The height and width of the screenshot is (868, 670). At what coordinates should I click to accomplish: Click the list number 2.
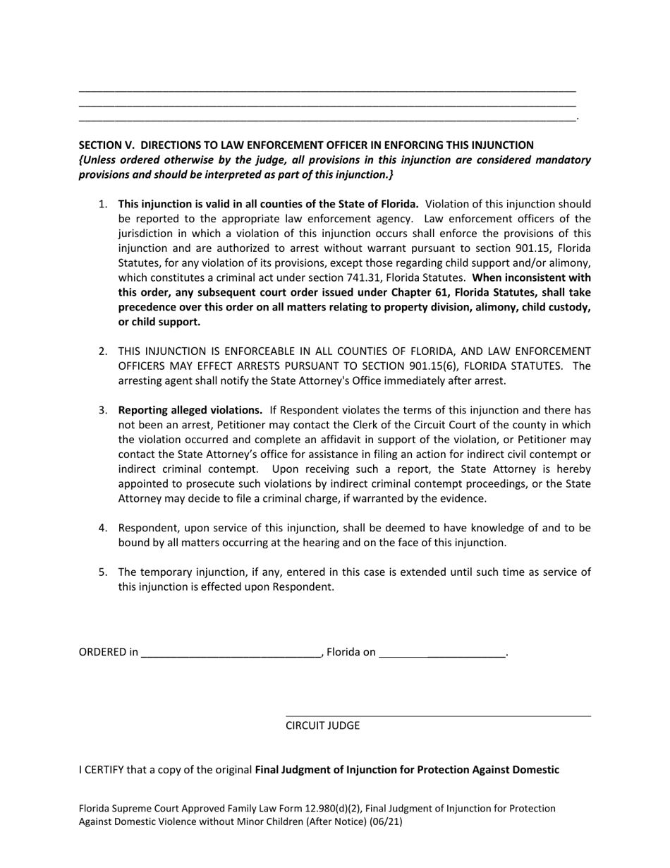[x=103, y=351]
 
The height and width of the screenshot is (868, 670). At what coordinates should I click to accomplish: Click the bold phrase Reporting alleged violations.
[x=190, y=410]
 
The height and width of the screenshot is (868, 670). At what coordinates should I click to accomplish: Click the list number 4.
[x=103, y=528]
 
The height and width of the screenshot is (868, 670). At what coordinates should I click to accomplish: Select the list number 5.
[x=103, y=572]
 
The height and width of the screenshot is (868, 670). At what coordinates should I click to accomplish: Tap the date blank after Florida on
[x=442, y=653]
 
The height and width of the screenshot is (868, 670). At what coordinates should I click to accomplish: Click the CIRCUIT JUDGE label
[x=322, y=725]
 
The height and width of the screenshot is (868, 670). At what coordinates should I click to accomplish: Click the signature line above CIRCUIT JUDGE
[x=437, y=716]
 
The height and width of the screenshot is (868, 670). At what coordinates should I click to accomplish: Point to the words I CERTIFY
[x=101, y=769]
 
